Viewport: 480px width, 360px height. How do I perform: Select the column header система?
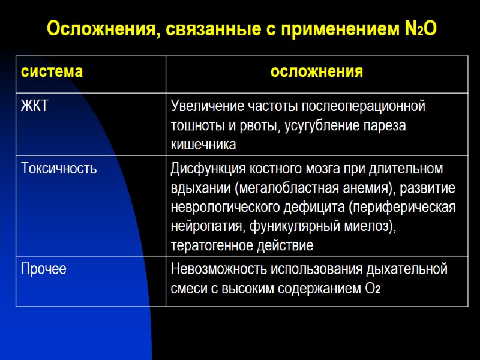(52, 73)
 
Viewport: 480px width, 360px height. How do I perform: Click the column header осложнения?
(317, 73)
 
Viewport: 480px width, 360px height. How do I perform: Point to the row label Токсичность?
(59, 169)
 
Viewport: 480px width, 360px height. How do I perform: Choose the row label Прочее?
(44, 269)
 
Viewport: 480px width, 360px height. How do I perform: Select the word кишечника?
(203, 145)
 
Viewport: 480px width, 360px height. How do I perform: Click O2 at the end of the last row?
(373, 289)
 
